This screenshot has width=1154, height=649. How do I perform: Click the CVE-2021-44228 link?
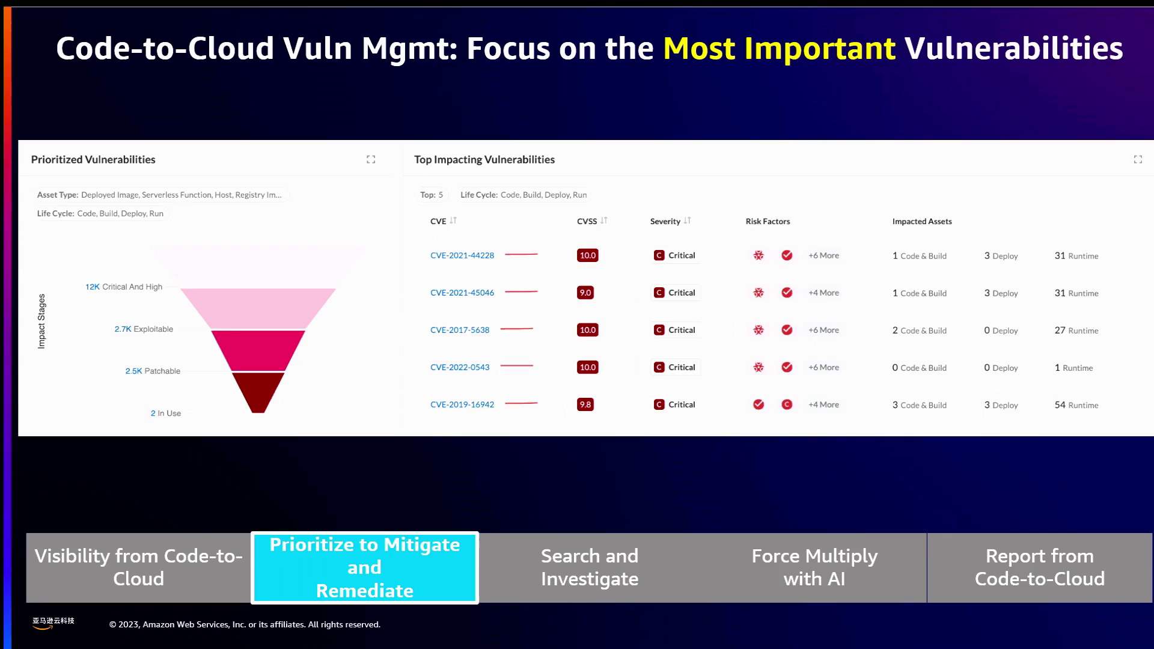point(462,255)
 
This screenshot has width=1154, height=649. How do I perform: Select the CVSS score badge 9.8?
point(585,404)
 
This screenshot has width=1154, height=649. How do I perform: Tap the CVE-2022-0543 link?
point(460,367)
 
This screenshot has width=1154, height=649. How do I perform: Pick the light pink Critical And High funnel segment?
point(258,308)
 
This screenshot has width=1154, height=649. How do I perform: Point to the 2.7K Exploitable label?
point(144,329)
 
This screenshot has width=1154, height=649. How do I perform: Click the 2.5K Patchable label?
point(153,371)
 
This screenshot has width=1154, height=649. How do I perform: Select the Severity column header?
point(665,221)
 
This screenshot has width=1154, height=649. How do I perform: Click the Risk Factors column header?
point(768,221)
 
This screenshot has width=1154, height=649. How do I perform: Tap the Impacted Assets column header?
point(922,221)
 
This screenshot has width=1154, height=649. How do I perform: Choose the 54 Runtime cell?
point(1076,405)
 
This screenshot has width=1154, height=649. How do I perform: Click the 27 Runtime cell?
point(1076,331)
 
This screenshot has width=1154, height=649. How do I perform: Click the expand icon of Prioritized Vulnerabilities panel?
point(371,159)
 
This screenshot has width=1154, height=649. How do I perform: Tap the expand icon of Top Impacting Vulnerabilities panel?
point(1138,159)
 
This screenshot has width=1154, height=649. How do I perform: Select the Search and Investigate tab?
point(590,567)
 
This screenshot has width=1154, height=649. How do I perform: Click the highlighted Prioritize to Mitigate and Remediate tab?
point(365,567)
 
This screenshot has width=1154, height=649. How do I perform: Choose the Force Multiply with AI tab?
point(814,567)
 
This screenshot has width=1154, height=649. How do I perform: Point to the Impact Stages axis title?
point(41,321)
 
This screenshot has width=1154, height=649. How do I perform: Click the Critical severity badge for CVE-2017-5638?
point(675,330)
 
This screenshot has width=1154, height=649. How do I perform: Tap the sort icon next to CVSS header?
point(604,221)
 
